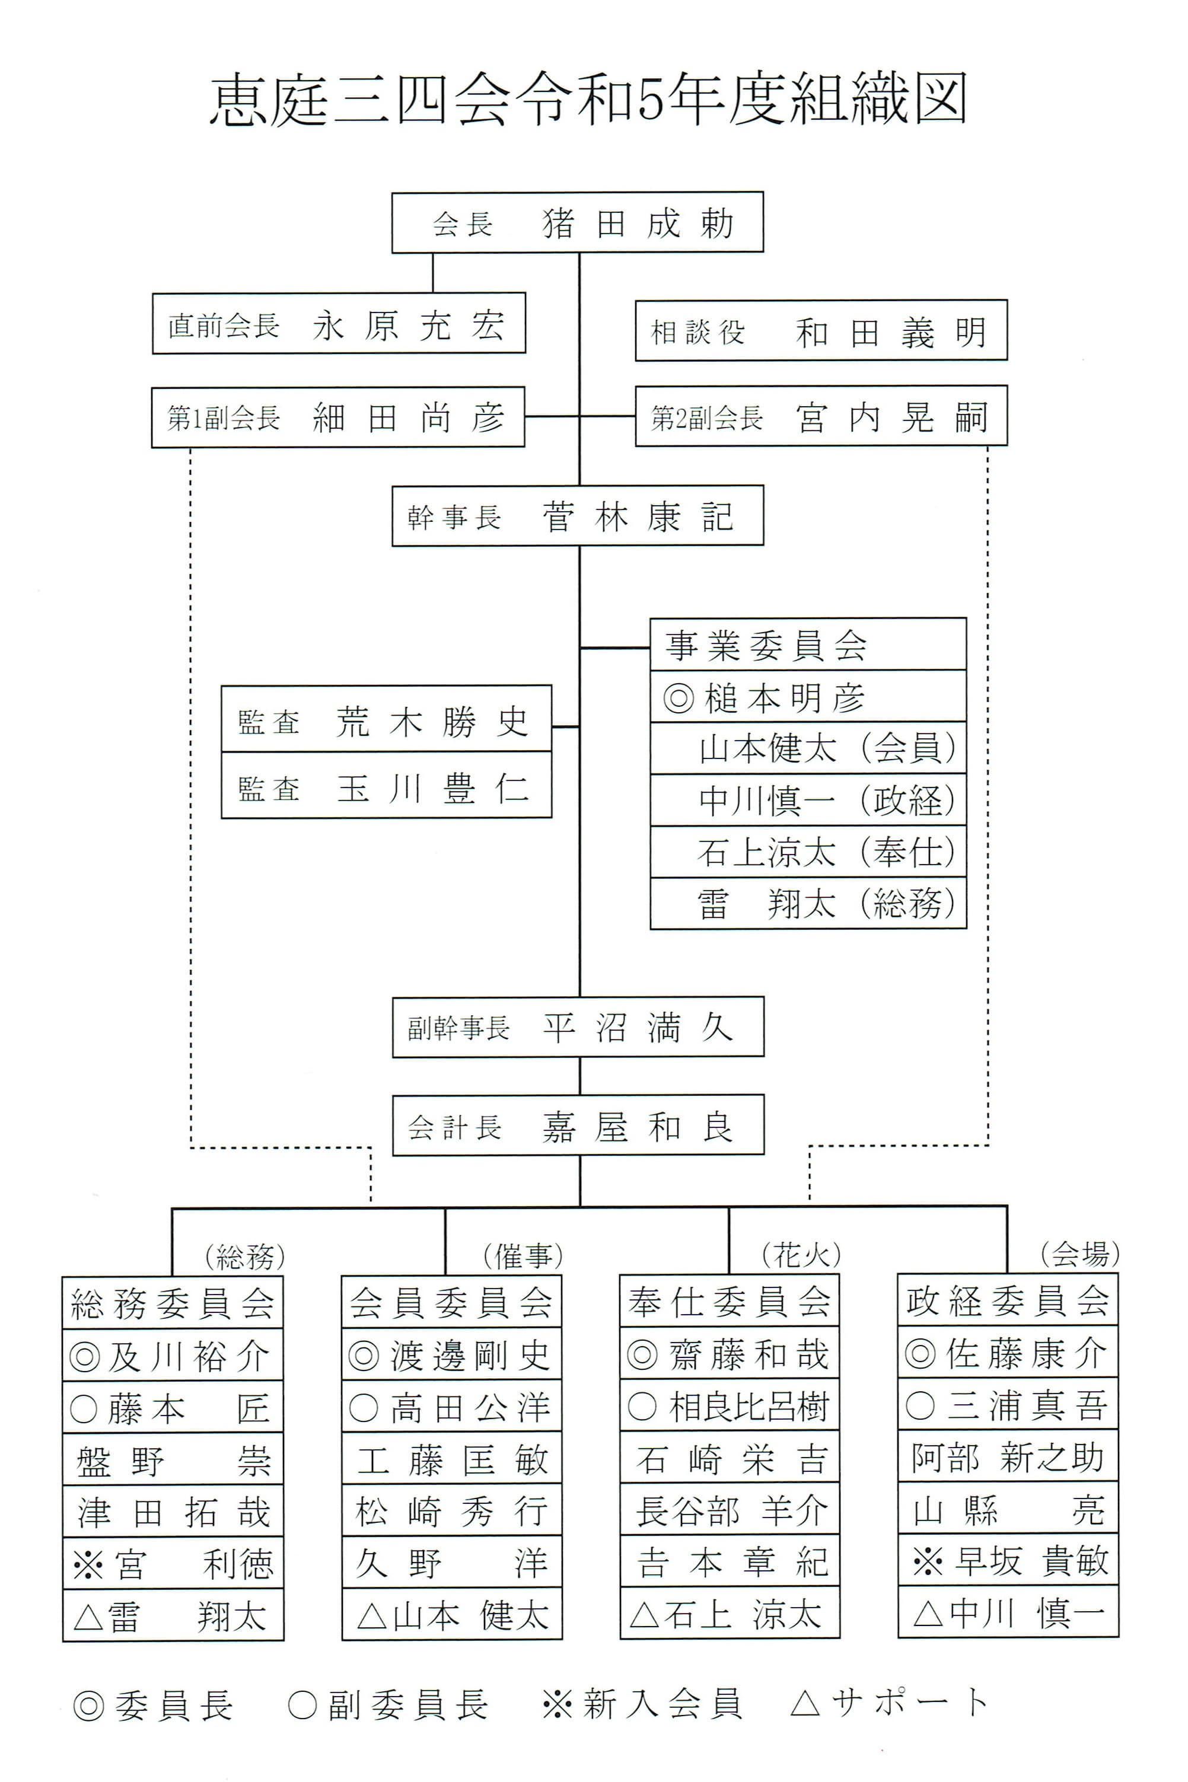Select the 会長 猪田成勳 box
pyautogui.click(x=577, y=222)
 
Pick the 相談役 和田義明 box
pyautogui.click(x=820, y=331)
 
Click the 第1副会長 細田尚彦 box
pyautogui.click(x=338, y=417)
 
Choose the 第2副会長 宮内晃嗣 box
pyautogui.click(x=820, y=416)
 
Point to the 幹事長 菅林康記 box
pyautogui.click(x=577, y=516)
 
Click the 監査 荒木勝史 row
pyautogui.click(x=386, y=719)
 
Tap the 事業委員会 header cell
pyautogui.click(x=808, y=645)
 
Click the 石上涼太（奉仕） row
pyautogui.click(x=808, y=852)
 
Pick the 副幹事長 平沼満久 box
pyautogui.click(x=577, y=1027)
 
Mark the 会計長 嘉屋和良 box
pyautogui.click(x=577, y=1126)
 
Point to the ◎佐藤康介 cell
pyautogui.click(x=1008, y=1353)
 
